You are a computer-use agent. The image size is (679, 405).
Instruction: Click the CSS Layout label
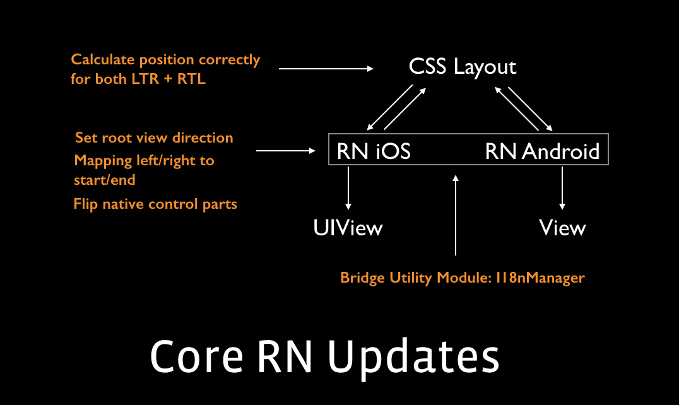coord(463,67)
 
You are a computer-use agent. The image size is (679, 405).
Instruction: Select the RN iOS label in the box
coord(374,151)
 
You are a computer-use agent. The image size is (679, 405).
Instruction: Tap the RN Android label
coord(542,151)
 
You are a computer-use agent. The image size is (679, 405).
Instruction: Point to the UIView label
coord(348,228)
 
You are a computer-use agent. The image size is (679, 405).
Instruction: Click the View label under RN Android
coord(562,228)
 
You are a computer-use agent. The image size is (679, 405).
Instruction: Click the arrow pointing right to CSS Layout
coord(326,68)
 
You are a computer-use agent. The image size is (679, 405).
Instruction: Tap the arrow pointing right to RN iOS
coord(286,151)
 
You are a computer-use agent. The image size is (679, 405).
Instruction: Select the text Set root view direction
coord(154,138)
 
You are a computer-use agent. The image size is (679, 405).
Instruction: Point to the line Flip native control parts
coord(155,204)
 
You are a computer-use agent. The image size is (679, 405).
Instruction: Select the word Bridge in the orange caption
coord(360,278)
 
